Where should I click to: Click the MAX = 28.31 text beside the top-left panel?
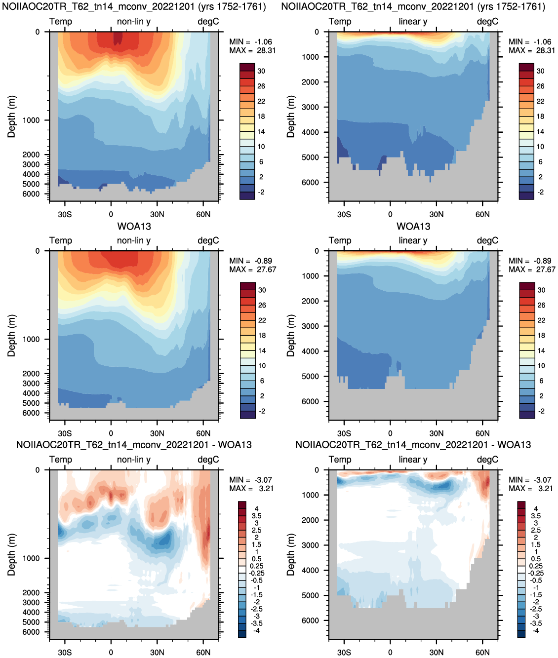pos(252,50)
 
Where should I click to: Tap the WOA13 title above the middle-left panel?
pos(134,227)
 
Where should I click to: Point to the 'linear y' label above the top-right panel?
pos(413,21)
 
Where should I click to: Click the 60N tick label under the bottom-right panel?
pos(482,652)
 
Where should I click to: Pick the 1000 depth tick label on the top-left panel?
pos(31,120)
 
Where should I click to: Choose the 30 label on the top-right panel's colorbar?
pos(541,71)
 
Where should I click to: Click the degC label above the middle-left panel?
pos(208,240)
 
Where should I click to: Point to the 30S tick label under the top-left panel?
pos(65,214)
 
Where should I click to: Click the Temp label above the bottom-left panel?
pos(61,460)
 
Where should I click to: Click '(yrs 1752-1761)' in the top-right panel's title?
pos(511,6)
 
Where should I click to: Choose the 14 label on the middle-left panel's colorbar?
pos(262,350)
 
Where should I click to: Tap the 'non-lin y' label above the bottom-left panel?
pos(134,460)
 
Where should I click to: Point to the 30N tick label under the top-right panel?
pos(437,214)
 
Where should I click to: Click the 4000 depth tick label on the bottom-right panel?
pos(310,570)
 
